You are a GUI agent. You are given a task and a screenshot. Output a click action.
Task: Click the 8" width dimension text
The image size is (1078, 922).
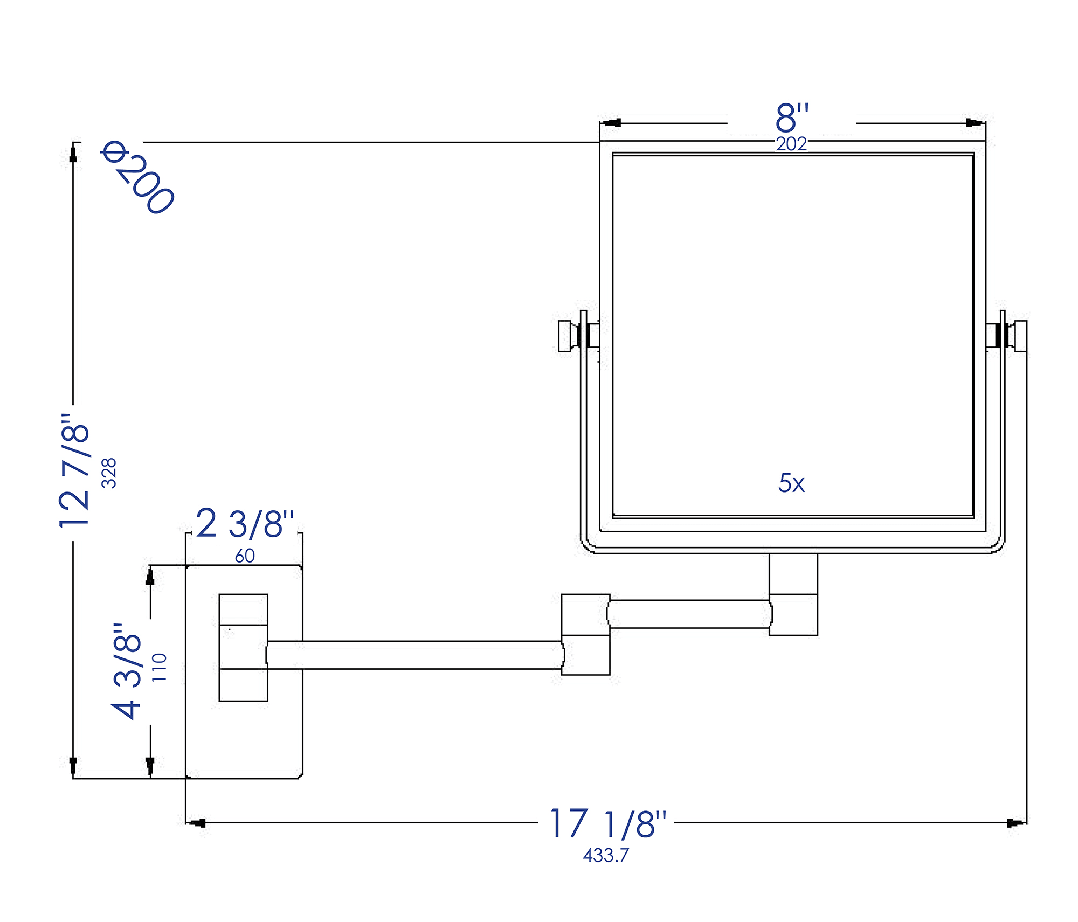[x=792, y=117]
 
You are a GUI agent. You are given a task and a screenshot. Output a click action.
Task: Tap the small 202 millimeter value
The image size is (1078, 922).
[x=791, y=144]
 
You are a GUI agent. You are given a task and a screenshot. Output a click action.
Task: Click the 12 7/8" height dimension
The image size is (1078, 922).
[x=75, y=470]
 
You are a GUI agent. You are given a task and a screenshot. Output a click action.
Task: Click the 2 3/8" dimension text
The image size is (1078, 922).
[x=245, y=523]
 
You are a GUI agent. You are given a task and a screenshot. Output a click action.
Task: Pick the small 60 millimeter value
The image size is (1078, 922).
[x=245, y=556]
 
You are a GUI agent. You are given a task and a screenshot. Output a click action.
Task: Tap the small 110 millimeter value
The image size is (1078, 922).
[x=160, y=667]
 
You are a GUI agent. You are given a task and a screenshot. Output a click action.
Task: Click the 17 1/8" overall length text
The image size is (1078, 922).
[x=607, y=823]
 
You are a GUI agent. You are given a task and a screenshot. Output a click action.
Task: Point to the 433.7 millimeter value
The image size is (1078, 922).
[x=606, y=855]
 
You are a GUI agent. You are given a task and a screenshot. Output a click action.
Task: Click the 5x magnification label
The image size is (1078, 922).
[x=791, y=483]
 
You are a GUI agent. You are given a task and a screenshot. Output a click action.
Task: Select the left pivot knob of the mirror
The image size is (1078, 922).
[x=565, y=336]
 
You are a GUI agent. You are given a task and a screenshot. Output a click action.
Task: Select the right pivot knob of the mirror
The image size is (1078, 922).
[x=1020, y=336]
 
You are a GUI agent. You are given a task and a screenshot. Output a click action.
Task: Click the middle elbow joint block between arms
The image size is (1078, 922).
[x=585, y=634]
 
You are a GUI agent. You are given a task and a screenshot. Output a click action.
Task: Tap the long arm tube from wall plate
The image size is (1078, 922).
[x=415, y=655]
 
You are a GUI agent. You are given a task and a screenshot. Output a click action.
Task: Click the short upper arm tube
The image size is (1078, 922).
[x=689, y=614]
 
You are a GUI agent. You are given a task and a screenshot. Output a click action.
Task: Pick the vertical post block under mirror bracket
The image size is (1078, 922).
[x=793, y=594]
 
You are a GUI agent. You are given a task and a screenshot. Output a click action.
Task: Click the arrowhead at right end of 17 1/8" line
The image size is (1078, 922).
[x=1015, y=823]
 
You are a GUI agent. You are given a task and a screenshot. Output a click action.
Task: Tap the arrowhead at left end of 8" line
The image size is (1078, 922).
[x=612, y=123]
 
